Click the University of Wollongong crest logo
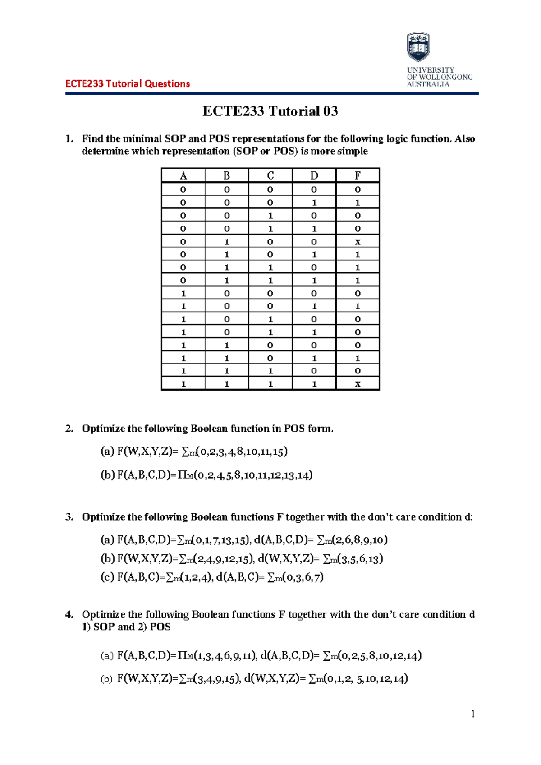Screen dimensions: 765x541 [418, 47]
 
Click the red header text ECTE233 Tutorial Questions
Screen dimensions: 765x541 [128, 83]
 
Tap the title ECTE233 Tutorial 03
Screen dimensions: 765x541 [270, 111]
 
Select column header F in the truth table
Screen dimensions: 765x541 [358, 175]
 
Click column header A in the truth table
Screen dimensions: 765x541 [183, 175]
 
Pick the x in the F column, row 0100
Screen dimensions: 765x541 [358, 242]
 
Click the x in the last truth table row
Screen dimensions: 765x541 [358, 384]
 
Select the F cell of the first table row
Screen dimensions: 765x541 [358, 189]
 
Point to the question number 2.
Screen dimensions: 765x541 [69, 429]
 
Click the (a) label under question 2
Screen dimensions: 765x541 [107, 452]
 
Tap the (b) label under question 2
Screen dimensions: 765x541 [107, 475]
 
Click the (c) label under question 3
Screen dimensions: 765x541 [107, 577]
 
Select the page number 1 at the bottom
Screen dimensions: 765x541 [473, 714]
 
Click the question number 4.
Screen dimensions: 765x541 [69, 614]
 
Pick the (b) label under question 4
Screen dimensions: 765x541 [106, 679]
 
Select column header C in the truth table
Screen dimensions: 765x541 [270, 175]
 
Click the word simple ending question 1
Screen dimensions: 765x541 [352, 151]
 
